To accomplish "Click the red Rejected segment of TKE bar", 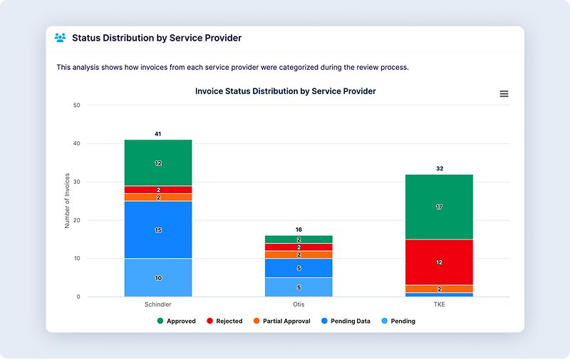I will [439, 262].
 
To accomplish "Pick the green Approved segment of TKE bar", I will [439, 207].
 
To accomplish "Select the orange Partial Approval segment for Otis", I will [299, 254].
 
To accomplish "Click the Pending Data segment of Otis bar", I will [299, 268].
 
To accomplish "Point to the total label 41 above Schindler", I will [158, 134].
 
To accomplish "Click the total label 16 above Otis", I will [299, 230].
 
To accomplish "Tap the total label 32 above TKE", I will [439, 169].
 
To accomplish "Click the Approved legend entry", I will [177, 322].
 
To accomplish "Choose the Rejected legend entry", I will [224, 322].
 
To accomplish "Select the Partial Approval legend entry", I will [281, 322].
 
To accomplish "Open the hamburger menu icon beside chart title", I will [504, 94].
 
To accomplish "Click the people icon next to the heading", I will [61, 38].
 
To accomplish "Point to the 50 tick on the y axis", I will [77, 106].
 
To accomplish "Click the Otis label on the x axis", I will [299, 304].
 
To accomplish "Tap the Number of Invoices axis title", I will [67, 200].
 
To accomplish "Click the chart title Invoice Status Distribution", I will [285, 91].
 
